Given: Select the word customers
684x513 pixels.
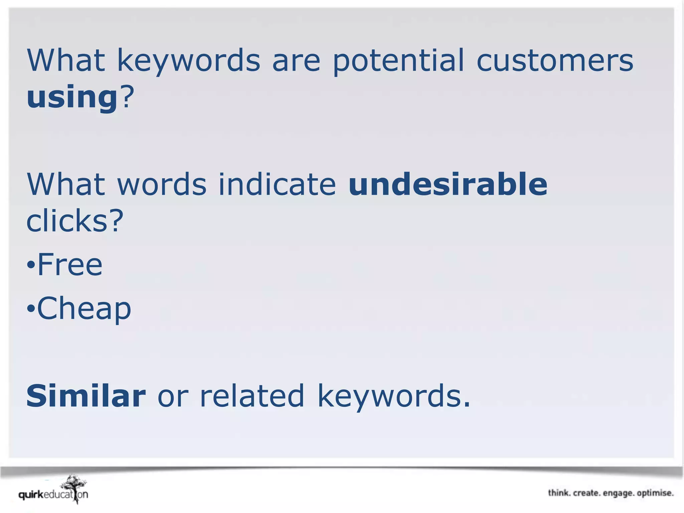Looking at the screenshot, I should (555, 61).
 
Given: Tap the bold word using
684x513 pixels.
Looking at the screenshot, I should (72, 98).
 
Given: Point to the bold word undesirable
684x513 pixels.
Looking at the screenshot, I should (448, 184).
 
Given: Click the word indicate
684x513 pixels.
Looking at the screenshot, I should (277, 184).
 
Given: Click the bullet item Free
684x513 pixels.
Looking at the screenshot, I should (69, 265).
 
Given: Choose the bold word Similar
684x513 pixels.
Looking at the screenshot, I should (86, 396).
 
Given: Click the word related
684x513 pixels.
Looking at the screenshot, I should (252, 396).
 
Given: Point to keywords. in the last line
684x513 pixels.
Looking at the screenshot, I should (394, 396).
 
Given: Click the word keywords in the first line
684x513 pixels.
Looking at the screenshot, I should (188, 61).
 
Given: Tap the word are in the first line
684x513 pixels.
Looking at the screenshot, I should (296, 61).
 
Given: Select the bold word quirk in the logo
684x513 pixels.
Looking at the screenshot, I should (31, 495).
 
